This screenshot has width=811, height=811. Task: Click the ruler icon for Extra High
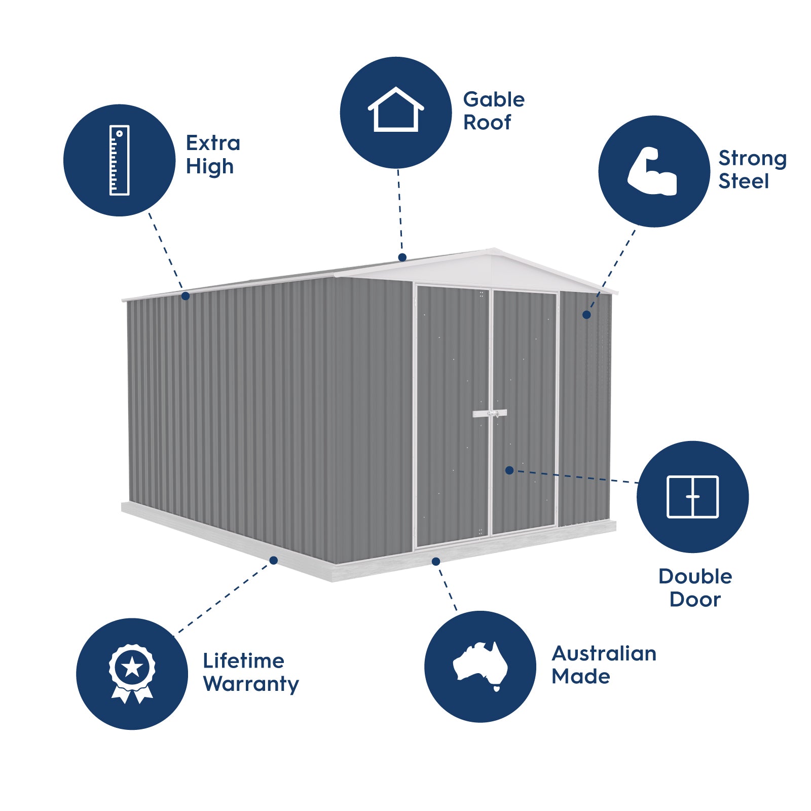click(x=120, y=160)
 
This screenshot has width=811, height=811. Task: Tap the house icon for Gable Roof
click(x=396, y=110)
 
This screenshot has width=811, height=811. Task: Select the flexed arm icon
click(x=653, y=172)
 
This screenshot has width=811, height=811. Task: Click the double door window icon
click(x=692, y=497)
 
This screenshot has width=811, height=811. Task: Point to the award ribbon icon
click(x=132, y=673)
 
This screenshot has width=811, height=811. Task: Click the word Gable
click(x=494, y=99)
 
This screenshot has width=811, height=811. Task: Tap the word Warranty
click(x=251, y=684)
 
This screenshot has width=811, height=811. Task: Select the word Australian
click(x=604, y=653)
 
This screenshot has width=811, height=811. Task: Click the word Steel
click(x=744, y=181)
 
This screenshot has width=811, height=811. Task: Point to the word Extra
click(x=213, y=143)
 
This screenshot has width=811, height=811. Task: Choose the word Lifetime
click(x=243, y=661)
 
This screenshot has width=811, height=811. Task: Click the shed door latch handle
click(x=490, y=414)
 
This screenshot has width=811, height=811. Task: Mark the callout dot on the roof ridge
click(x=402, y=257)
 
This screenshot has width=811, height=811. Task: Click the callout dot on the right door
click(x=509, y=470)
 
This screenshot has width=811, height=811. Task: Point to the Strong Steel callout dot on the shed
click(x=586, y=315)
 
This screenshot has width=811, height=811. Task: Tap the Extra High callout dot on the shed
click(x=186, y=296)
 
